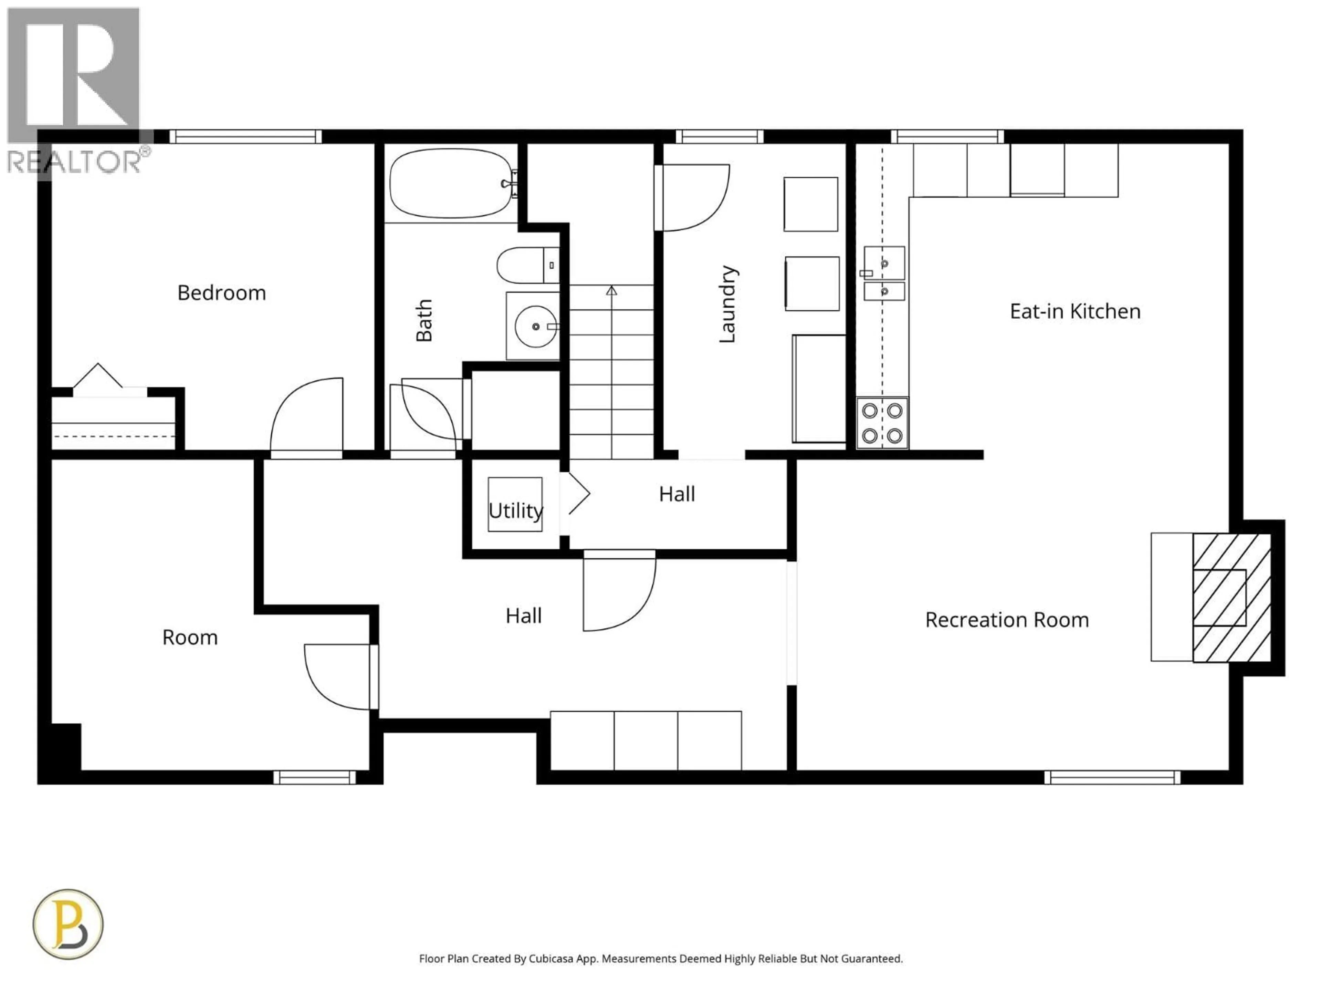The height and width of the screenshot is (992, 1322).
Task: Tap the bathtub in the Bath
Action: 451,184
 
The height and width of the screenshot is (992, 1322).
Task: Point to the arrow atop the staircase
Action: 611,291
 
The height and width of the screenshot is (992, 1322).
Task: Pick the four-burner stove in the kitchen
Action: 882,423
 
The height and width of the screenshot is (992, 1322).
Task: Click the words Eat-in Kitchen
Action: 1074,311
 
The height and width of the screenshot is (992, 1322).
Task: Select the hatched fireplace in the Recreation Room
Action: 1231,597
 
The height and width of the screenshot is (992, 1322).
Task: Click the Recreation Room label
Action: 1006,620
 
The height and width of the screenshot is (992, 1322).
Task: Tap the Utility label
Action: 515,511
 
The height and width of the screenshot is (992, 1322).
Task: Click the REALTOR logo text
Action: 75,162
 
